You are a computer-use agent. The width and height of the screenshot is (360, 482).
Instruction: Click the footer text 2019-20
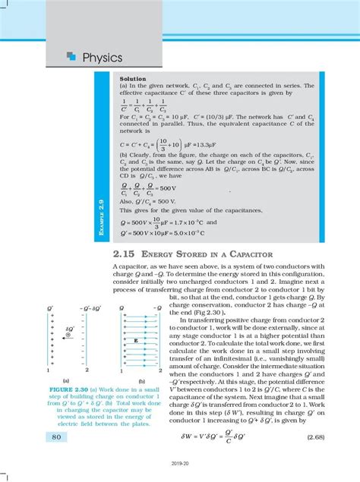[180, 471]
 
